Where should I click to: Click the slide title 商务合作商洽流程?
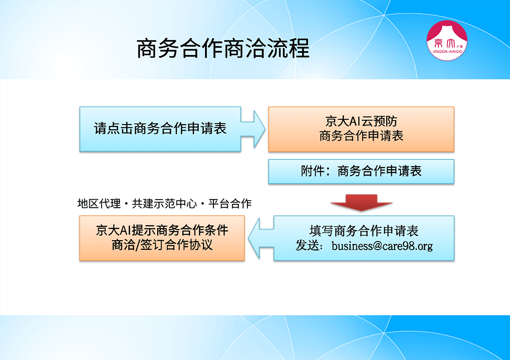[223, 49]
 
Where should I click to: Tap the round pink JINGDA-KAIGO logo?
[447, 41]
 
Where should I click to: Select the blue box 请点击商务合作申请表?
[160, 129]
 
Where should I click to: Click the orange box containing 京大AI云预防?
[361, 129]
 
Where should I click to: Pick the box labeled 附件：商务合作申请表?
[361, 171]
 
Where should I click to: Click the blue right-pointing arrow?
[253, 129]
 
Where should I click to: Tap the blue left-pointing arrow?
[261, 238]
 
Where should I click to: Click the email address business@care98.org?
[382, 246]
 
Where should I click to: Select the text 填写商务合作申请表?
[364, 231]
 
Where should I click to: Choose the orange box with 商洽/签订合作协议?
[162, 238]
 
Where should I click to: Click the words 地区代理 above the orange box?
[99, 204]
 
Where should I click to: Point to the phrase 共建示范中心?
[164, 204]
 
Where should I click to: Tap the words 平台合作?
[229, 204]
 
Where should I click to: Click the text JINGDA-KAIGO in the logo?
[447, 51]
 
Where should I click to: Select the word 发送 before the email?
[307, 246]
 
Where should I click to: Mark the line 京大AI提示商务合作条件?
[162, 230]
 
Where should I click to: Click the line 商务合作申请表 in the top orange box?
[361, 136]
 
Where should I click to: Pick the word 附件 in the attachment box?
[313, 171]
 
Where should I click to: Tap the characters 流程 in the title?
[288, 49]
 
